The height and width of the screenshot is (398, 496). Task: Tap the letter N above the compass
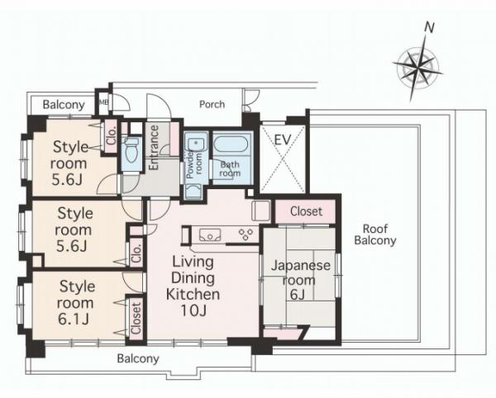point(429,28)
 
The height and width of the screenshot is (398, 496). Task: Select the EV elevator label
point(282,140)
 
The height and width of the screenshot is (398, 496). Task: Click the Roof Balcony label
point(375,235)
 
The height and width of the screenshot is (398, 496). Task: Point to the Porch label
point(212,104)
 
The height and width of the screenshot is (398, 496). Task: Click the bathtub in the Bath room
point(232,145)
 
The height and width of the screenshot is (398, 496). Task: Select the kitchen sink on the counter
point(210,235)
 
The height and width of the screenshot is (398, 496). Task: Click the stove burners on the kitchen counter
point(246,235)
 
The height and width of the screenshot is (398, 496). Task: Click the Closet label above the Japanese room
point(306,211)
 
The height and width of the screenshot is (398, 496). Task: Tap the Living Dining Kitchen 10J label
point(193,287)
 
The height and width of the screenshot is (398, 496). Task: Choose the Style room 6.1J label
point(75,302)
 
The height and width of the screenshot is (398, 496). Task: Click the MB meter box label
point(104,102)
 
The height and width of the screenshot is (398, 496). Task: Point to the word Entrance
point(154,148)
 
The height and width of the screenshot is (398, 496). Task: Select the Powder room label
point(194,164)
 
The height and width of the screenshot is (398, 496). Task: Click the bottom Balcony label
point(138,359)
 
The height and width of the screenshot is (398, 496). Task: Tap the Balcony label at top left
point(64,105)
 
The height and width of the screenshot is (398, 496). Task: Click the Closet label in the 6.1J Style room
point(136,319)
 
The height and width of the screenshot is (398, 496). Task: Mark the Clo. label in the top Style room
point(112,135)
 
